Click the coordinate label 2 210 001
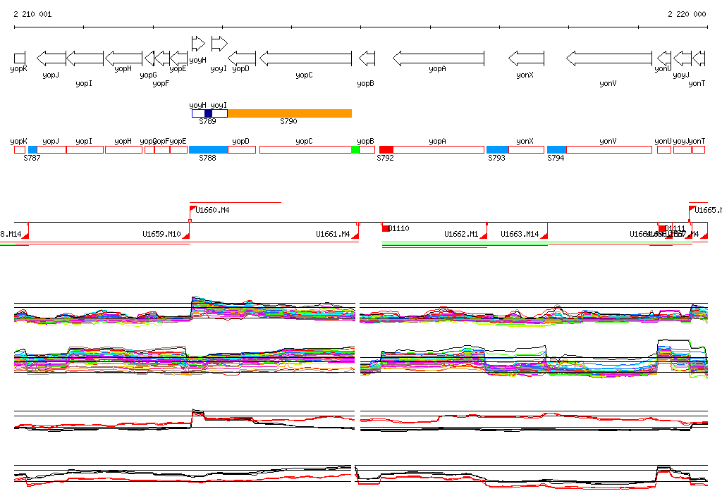(32, 14)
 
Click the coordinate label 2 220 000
(687, 14)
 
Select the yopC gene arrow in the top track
(305, 58)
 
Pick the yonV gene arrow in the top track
(609, 58)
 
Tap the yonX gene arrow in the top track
(526, 58)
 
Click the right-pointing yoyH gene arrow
(198, 44)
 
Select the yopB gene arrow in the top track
(367, 58)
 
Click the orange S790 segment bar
(290, 113)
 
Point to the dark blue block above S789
(208, 113)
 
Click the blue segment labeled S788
(209, 149)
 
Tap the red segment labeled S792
(386, 149)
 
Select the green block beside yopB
(355, 149)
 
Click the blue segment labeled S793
(498, 149)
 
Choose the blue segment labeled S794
(557, 149)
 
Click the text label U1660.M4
(212, 210)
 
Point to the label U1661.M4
(333, 234)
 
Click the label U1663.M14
(520, 234)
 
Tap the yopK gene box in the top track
(20, 57)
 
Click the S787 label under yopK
(32, 159)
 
